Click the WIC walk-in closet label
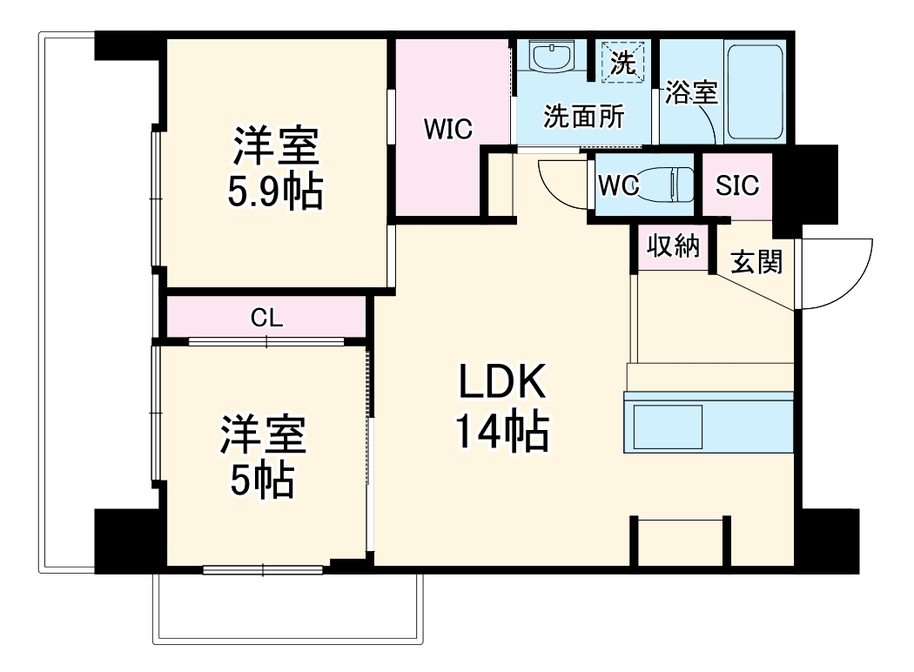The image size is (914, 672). click(447, 130)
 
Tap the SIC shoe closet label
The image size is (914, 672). click(737, 185)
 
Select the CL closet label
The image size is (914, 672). click(266, 318)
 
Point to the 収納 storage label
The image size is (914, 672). click(673, 246)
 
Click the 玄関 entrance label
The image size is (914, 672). click(755, 261)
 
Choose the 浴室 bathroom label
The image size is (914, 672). click(691, 93)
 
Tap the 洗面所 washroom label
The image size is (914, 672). click(582, 118)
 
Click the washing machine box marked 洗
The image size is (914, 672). click(622, 62)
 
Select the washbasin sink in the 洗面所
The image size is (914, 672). click(551, 59)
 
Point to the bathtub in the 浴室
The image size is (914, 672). click(756, 91)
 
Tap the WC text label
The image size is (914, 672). click(619, 185)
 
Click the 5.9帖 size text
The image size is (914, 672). click(275, 192)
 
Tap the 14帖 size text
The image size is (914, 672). click(502, 433)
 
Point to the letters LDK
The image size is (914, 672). click(502, 382)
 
